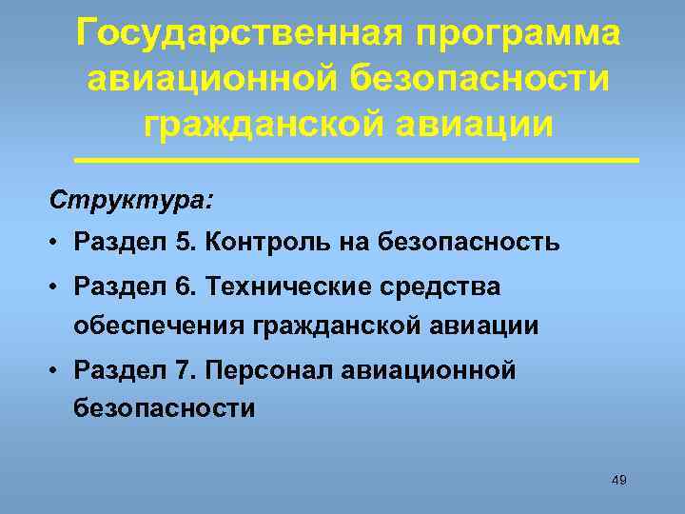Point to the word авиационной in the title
click(x=209, y=78)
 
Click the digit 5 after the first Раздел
click(x=183, y=242)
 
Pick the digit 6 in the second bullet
click(x=183, y=287)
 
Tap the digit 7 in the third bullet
click(x=183, y=368)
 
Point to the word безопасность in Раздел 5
click(x=468, y=242)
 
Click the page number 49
click(x=618, y=481)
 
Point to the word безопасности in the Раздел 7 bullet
click(x=165, y=408)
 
